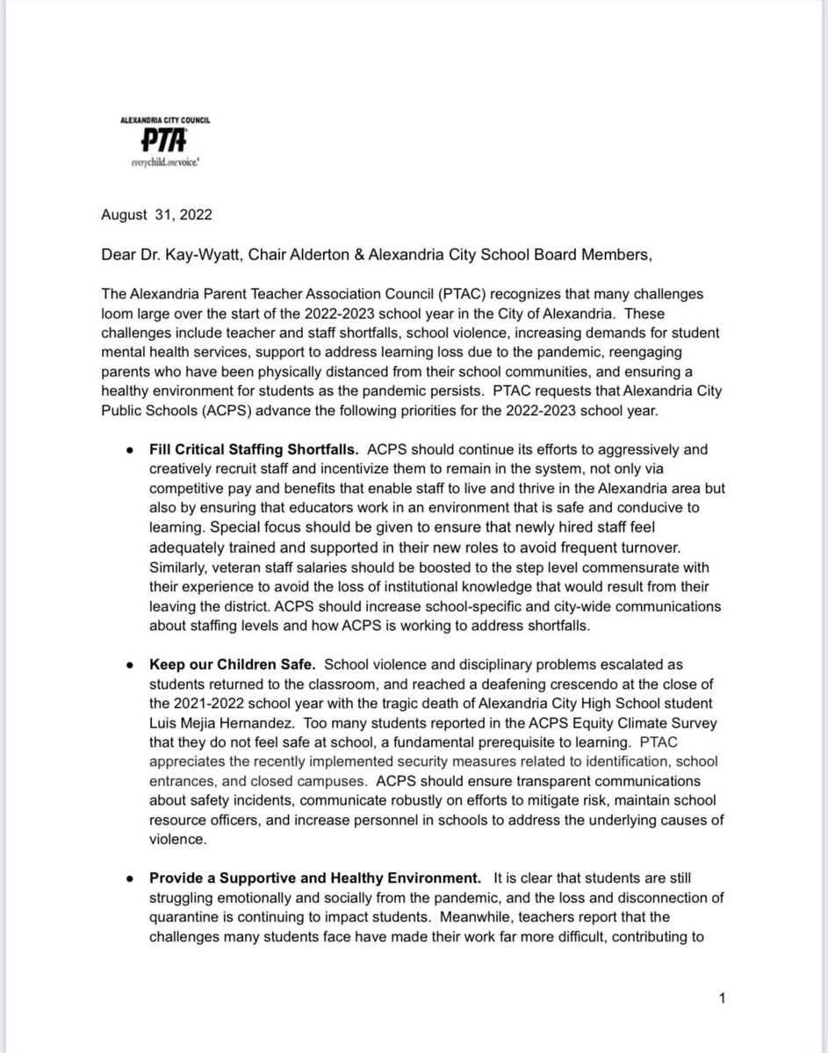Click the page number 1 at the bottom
721,999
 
